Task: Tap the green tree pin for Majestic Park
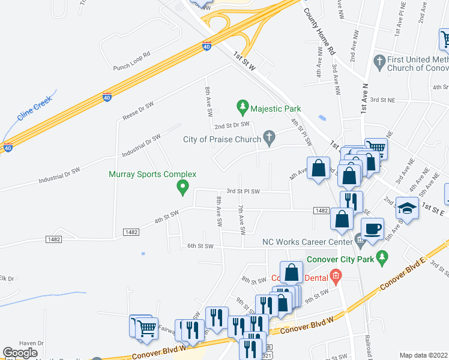pos(243,108)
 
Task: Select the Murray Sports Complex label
pos(152,175)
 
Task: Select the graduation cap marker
pos(407,208)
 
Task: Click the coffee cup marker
pos(373,229)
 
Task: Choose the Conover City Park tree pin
pos(382,259)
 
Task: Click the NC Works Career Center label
pos(306,242)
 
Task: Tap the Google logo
pos(20,353)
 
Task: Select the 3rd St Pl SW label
pos(243,191)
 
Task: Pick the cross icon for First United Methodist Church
pos(379,61)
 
